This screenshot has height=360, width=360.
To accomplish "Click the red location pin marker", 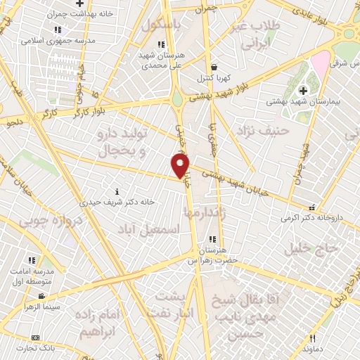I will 181,165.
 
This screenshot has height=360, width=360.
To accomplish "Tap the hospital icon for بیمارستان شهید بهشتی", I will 303,90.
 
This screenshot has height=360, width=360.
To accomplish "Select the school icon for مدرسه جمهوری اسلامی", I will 58,30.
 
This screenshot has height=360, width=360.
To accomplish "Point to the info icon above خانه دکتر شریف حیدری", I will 117,191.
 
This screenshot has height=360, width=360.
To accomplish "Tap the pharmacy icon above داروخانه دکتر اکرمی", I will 311,207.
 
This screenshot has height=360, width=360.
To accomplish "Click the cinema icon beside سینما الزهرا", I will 42,296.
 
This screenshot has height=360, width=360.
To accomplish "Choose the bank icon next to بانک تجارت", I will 37,338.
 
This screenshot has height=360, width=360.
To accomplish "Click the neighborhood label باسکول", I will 161,25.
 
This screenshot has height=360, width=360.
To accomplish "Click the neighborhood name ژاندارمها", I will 203,212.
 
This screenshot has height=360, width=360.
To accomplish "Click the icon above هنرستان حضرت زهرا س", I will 212,239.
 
